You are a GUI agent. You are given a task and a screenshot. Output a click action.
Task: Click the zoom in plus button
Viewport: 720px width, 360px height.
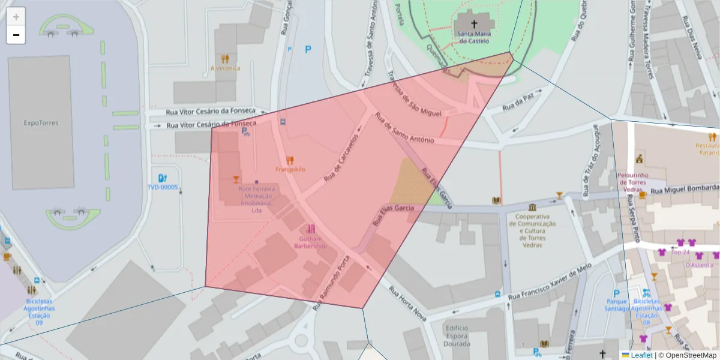tap(16, 16)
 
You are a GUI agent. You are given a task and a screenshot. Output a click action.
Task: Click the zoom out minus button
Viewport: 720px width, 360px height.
tap(16, 35)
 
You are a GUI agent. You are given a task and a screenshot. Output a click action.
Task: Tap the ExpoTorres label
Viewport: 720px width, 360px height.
tap(40, 122)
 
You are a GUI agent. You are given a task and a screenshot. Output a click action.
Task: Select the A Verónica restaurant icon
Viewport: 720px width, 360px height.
tap(225, 59)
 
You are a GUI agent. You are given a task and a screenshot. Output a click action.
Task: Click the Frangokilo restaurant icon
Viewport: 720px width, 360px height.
tap(290, 160)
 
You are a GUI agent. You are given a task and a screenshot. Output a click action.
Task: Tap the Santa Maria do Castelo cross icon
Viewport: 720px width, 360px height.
tap(474, 24)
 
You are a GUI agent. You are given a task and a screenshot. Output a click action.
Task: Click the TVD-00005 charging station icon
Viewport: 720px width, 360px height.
tap(162, 178)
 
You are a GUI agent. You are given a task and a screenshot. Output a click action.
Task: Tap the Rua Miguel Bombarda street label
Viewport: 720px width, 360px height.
tap(684, 190)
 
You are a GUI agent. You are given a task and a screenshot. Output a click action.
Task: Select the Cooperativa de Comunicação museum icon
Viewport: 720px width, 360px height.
tap(532, 207)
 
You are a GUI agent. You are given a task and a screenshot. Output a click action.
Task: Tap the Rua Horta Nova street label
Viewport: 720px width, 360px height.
tap(408, 303)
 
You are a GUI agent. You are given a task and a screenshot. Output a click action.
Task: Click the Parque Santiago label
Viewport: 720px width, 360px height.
tap(617, 305)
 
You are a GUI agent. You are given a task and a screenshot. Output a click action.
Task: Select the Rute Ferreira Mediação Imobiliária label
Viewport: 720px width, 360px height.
tap(257, 199)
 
